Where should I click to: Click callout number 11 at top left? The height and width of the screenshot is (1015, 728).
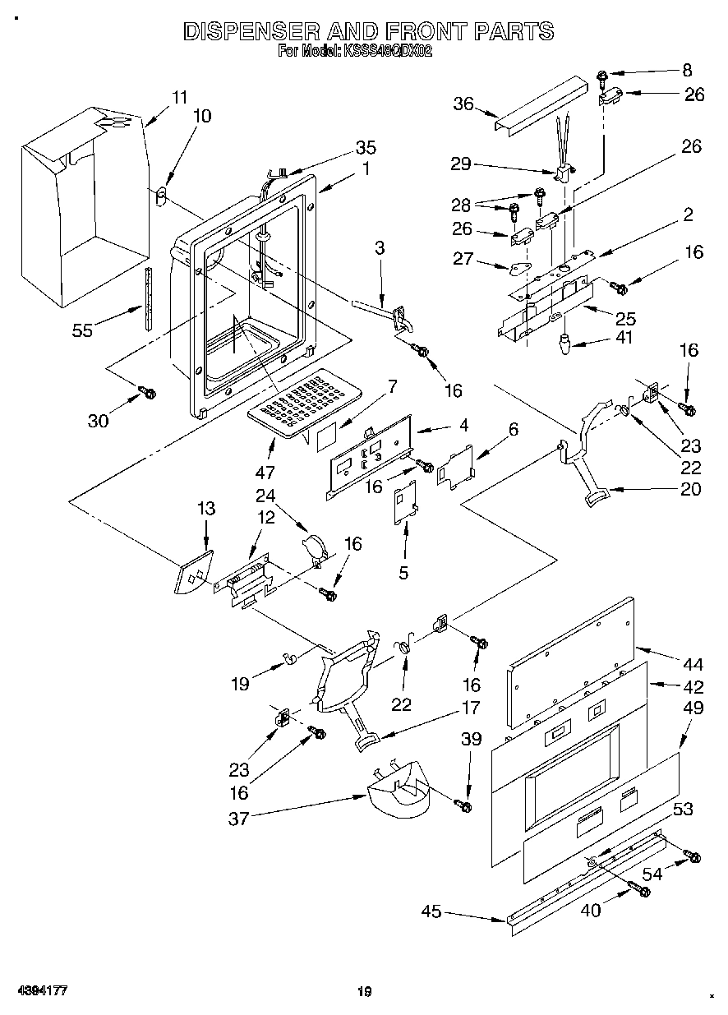[x=180, y=96]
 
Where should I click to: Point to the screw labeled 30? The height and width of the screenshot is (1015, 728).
[x=149, y=394]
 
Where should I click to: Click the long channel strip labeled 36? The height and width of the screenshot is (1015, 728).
[x=541, y=103]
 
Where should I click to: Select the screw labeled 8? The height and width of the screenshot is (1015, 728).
[x=601, y=78]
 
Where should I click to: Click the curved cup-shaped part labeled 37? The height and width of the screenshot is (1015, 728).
[x=398, y=794]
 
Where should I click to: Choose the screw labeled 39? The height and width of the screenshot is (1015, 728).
[x=465, y=806]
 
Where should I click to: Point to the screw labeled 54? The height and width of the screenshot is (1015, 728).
[x=693, y=857]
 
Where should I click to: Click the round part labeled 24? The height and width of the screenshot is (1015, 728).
[x=315, y=548]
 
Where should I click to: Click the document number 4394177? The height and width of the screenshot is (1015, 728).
[x=39, y=990]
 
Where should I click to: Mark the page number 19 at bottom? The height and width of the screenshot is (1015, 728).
[x=365, y=992]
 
